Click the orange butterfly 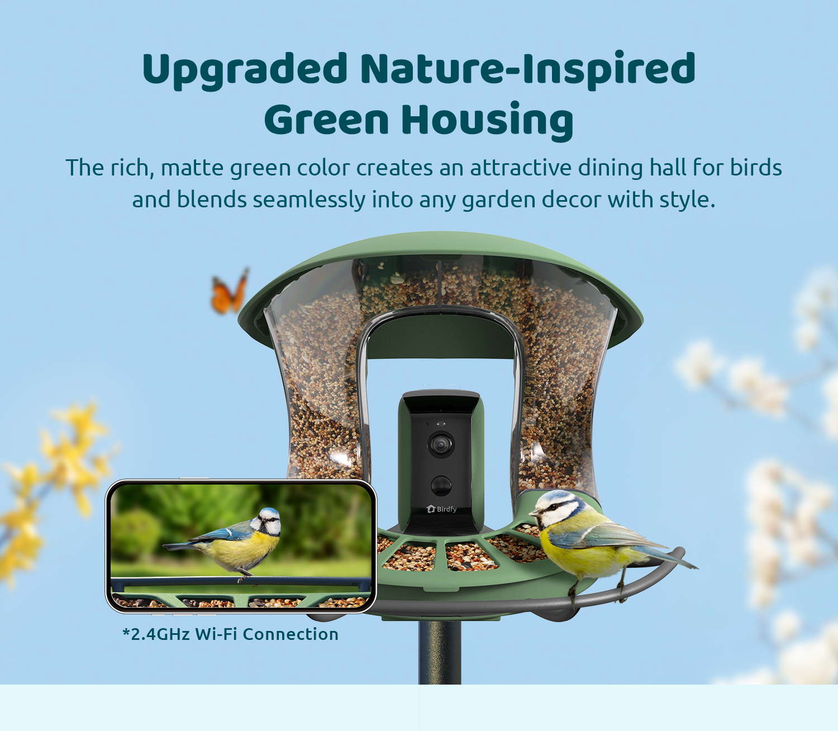[230, 291]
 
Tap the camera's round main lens [441, 444]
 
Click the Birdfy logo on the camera [441, 509]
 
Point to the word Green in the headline [326, 120]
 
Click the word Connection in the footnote [291, 634]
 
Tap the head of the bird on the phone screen [266, 520]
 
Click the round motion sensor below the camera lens [441, 485]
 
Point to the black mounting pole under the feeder [440, 652]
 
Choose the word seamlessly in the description [309, 201]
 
